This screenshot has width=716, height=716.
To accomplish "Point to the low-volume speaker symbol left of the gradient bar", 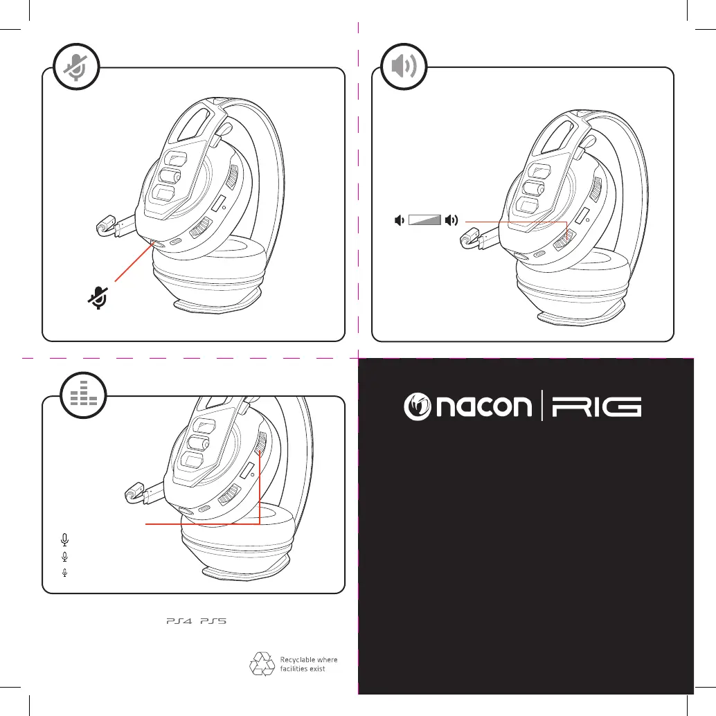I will pos(398,220).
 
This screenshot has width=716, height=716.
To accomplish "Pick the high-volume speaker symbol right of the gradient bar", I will pos(452,220).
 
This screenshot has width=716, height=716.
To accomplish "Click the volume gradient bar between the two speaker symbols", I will pos(425,220).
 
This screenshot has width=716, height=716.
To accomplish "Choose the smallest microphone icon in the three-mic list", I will pos(65,573).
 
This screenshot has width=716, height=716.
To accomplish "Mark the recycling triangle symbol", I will pos(261,664).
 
